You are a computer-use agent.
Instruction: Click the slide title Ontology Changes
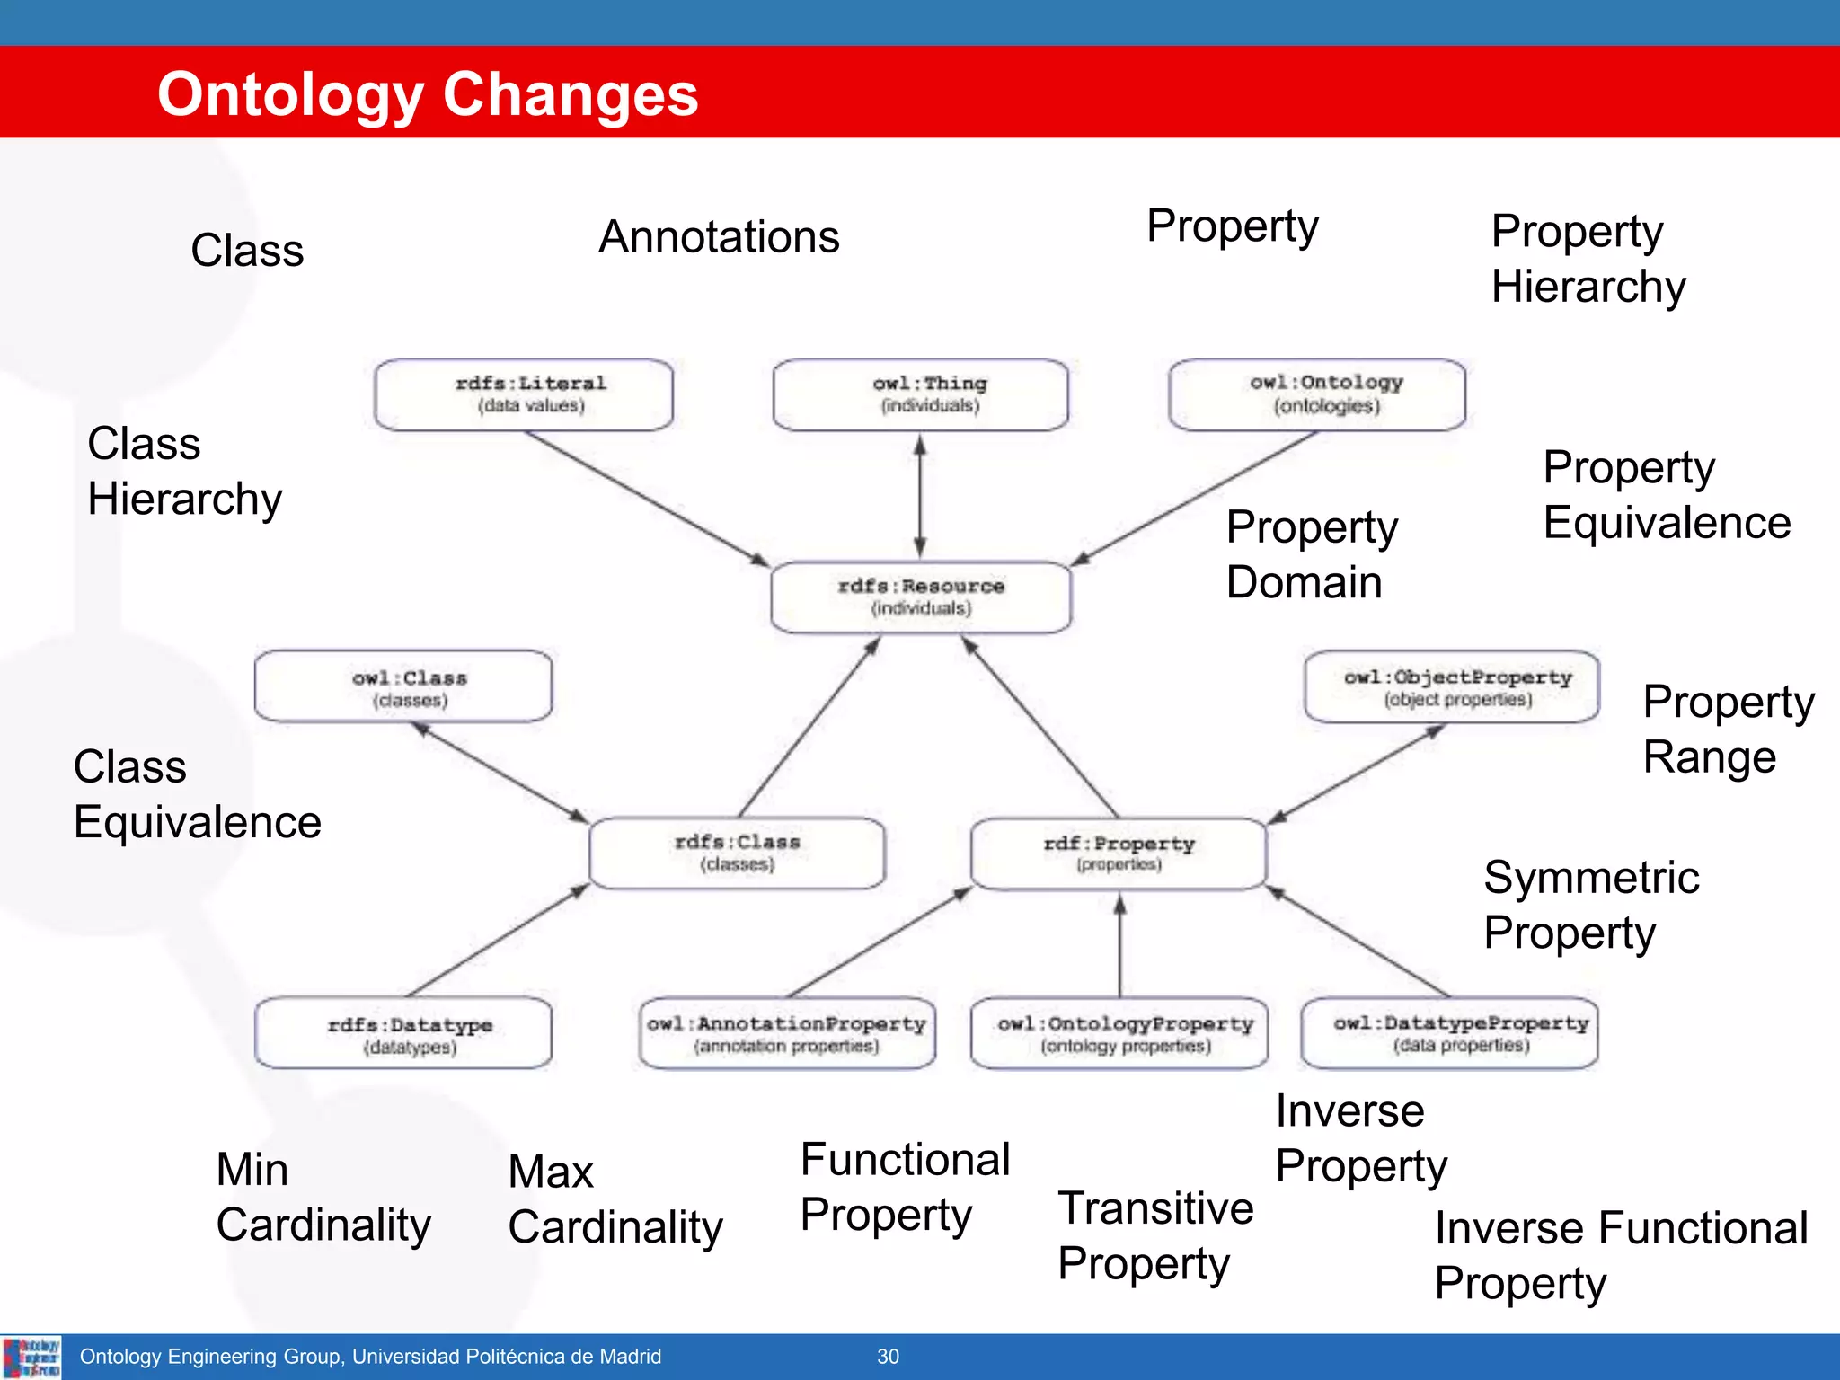[x=428, y=94]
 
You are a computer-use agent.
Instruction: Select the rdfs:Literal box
[x=524, y=394]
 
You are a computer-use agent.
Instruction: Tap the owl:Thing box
[x=921, y=394]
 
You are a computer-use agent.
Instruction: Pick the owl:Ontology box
[x=1317, y=394]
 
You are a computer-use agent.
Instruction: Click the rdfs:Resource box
[x=921, y=597]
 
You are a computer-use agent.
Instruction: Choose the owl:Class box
[x=403, y=687]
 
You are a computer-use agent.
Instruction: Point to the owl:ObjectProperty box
[x=1452, y=687]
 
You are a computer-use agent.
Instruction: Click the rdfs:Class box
[x=738, y=853]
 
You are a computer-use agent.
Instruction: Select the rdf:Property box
[x=1119, y=854]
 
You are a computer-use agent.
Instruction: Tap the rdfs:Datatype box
[x=403, y=1034]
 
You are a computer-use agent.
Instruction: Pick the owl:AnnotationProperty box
[x=787, y=1034]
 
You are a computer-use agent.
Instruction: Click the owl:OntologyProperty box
[x=1119, y=1034]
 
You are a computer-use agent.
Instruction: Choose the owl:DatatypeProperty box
[x=1449, y=1034]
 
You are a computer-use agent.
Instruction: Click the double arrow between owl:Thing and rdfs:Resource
[x=920, y=496]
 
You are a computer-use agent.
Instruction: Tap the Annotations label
[x=719, y=237]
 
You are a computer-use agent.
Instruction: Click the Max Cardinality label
[x=615, y=1199]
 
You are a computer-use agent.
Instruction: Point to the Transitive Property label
[x=1154, y=1235]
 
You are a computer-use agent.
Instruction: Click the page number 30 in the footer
[x=888, y=1357]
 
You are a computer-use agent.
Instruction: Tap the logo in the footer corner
[x=31, y=1357]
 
